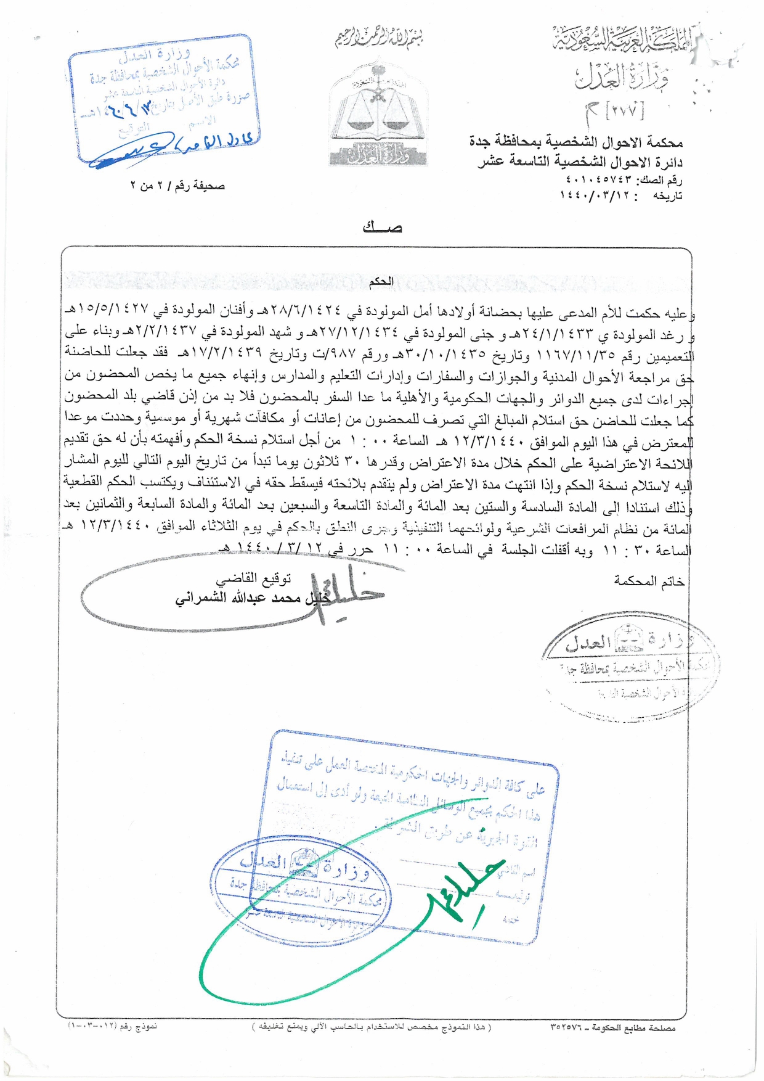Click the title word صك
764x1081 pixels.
point(382,228)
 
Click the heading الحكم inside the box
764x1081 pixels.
point(381,282)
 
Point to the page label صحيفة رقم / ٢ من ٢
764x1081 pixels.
point(177,185)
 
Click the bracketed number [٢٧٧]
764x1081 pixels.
point(625,111)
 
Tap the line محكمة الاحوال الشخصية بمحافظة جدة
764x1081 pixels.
point(575,142)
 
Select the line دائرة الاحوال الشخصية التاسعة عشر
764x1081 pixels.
point(580,162)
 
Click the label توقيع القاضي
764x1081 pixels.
point(253,579)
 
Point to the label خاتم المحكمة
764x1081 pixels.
point(649,581)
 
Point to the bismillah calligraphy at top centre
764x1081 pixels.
point(378,38)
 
